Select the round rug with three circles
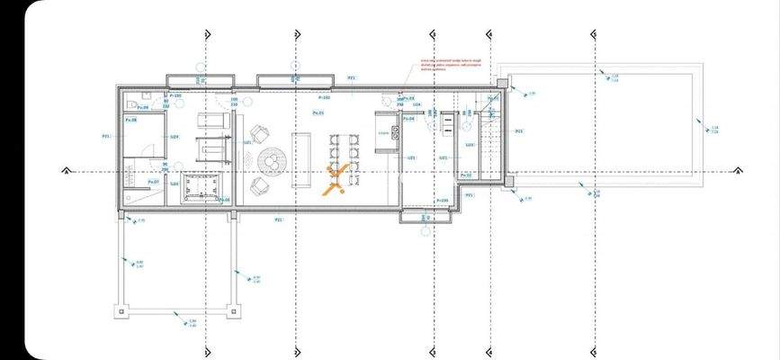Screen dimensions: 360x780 pyautogui.click(x=273, y=162)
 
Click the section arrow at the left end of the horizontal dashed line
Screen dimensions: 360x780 pyautogui.click(x=65, y=170)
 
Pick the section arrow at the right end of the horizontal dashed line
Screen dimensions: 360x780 pyautogui.click(x=739, y=170)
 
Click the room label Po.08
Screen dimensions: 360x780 pyautogui.click(x=130, y=119)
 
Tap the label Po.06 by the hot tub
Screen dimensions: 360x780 pyautogui.click(x=223, y=199)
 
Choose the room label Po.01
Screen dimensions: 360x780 pyautogui.click(x=318, y=112)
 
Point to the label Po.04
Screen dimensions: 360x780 pyautogui.click(x=408, y=118)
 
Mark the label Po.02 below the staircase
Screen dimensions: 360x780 pyautogui.click(x=466, y=200)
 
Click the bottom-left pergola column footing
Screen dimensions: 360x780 pyautogui.click(x=121, y=311)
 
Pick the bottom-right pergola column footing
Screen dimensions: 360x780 pyautogui.click(x=236, y=311)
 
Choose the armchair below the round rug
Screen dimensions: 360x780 pyautogui.click(x=259, y=186)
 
